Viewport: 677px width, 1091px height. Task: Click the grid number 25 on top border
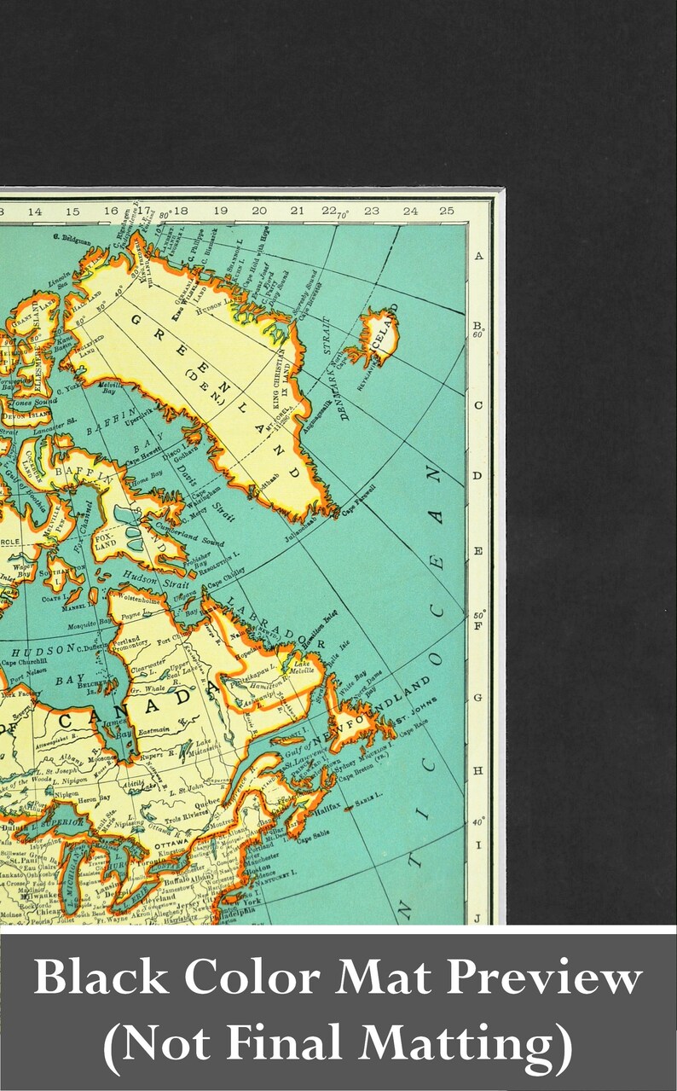point(447,211)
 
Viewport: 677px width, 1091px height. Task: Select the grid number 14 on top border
point(34,211)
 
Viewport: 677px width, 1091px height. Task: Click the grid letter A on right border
point(478,256)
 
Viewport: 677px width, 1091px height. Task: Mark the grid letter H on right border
point(478,770)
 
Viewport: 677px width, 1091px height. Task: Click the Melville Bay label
point(108,389)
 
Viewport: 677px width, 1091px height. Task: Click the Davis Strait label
point(211,502)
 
